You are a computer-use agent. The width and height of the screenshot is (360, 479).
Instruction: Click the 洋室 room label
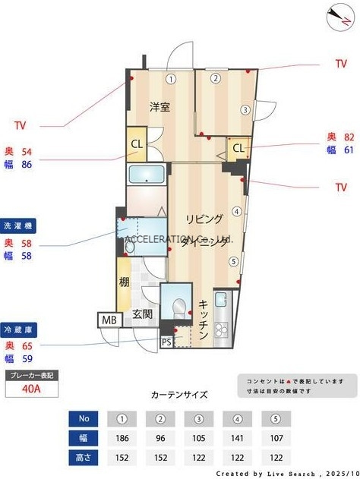tap(159, 107)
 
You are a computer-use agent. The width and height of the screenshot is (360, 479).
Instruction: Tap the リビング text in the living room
tap(205, 219)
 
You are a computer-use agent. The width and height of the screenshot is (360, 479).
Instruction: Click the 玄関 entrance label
tap(143, 314)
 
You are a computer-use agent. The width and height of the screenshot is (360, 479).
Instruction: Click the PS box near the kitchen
tap(166, 342)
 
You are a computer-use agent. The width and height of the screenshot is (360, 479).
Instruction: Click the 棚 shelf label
tap(124, 282)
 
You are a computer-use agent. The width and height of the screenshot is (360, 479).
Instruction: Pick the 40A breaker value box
tap(33, 389)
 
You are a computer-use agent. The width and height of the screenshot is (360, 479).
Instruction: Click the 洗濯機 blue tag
tap(19, 225)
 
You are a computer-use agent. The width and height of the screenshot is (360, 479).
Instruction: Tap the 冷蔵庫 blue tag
tap(19, 330)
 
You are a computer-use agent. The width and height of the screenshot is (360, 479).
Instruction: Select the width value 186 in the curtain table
tap(122, 438)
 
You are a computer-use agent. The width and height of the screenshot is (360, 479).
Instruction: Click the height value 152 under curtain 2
tap(160, 458)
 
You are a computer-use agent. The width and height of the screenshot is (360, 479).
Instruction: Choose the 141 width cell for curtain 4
tap(237, 438)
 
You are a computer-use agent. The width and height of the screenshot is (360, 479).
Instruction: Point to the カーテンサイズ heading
tap(179, 395)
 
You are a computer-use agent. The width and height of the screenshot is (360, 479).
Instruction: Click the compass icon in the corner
tap(336, 14)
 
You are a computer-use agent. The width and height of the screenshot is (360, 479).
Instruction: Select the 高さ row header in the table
tap(84, 458)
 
